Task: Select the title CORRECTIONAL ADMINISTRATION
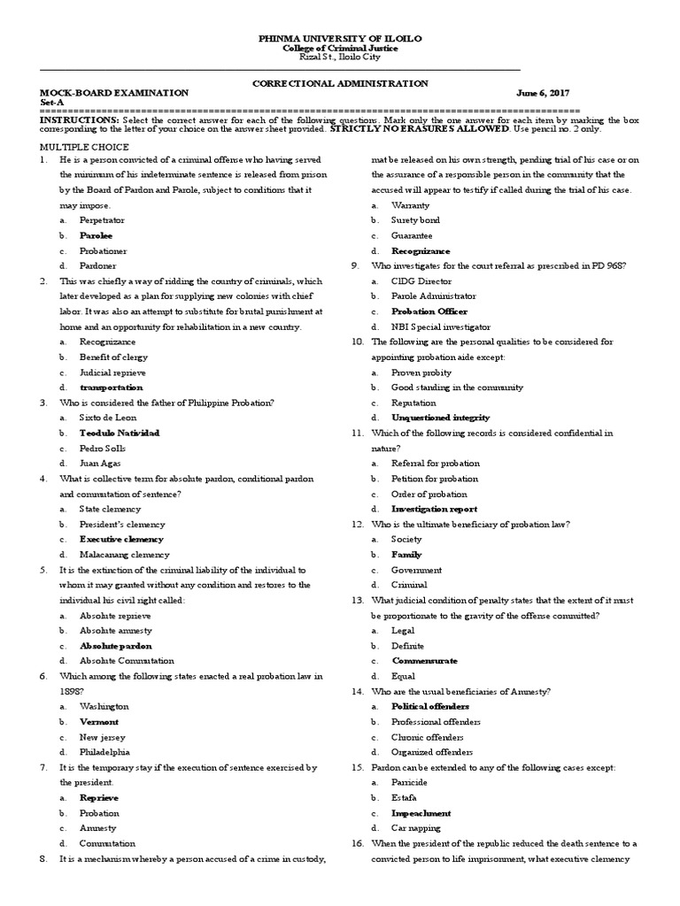(x=340, y=83)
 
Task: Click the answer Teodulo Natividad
(x=120, y=433)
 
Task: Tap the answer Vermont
(x=99, y=721)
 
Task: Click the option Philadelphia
(x=104, y=751)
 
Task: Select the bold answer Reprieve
(x=99, y=797)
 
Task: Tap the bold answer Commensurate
(x=425, y=660)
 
